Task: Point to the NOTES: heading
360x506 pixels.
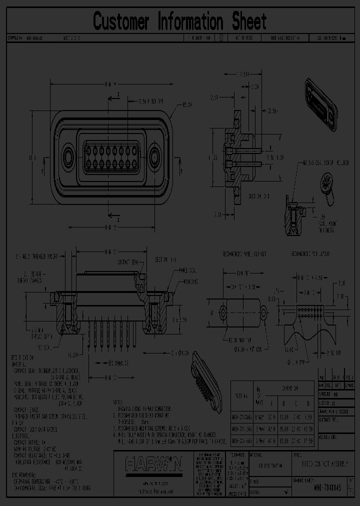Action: point(119,401)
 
